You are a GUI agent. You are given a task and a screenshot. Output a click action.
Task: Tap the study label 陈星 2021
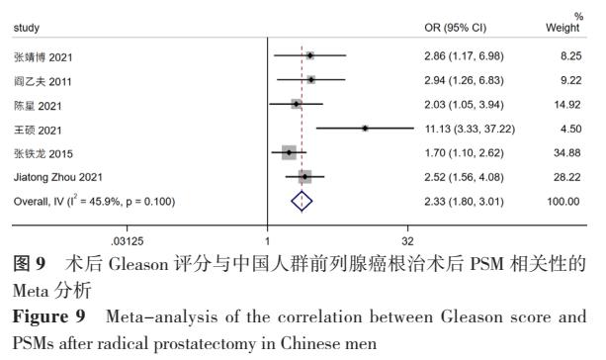coord(36,104)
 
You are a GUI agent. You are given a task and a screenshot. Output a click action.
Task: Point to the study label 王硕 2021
coord(36,129)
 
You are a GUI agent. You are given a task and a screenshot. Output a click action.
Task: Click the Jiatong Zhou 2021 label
coord(52,177)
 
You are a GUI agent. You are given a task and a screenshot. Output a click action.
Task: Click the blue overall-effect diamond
coord(303,201)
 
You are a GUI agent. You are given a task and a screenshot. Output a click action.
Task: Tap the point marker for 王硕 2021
coord(365,129)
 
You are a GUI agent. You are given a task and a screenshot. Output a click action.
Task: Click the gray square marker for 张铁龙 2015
coord(289,153)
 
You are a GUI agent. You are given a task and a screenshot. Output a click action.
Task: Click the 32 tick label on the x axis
coord(408,241)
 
